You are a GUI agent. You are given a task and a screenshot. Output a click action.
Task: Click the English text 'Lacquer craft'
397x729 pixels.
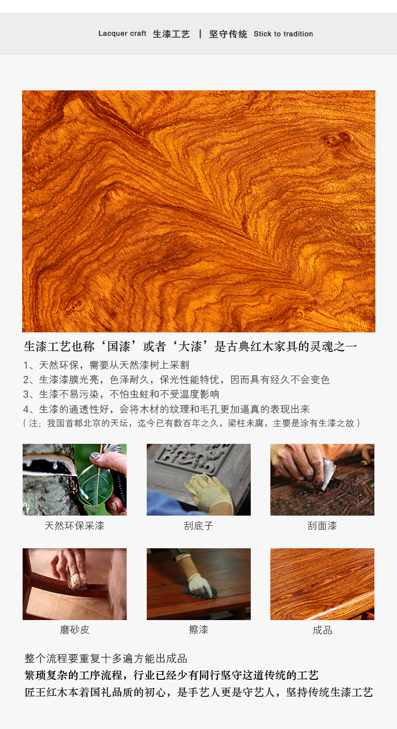click(x=122, y=34)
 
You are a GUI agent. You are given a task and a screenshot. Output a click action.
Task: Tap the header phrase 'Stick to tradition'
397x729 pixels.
click(x=283, y=34)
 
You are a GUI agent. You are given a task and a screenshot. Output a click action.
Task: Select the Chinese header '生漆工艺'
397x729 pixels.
click(x=171, y=34)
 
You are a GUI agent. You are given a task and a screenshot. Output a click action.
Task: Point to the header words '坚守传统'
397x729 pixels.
click(x=228, y=34)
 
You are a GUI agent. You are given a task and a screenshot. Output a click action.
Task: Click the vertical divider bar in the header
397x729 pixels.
click(x=200, y=34)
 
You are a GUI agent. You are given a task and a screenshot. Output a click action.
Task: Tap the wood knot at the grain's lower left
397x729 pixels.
click(x=75, y=306)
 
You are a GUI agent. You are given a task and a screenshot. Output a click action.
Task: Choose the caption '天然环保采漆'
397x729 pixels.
click(x=74, y=526)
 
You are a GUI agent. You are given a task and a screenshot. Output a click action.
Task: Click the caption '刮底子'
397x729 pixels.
click(x=198, y=526)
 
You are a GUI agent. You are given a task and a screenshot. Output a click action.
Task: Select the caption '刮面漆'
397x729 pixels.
click(x=322, y=526)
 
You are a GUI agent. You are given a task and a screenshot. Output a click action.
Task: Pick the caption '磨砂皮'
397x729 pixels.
click(x=74, y=630)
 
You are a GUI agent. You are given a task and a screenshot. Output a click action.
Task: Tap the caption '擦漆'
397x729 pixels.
click(x=198, y=630)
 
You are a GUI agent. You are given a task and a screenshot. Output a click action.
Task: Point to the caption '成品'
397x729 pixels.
click(x=322, y=630)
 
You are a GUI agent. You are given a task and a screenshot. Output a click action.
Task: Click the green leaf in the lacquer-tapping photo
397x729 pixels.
click(x=96, y=485)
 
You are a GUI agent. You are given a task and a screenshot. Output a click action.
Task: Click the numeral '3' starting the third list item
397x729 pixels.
click(x=26, y=395)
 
